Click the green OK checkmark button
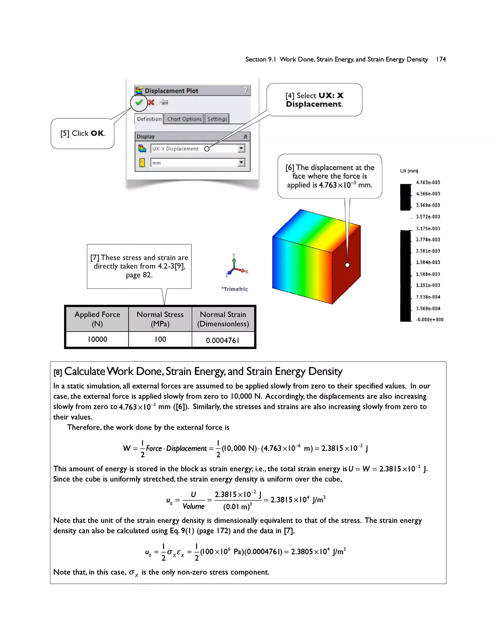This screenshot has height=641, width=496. click(x=139, y=102)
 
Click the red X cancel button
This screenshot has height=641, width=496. click(x=151, y=102)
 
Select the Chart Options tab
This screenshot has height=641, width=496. click(x=184, y=119)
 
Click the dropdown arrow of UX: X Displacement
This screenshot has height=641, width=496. click(x=241, y=148)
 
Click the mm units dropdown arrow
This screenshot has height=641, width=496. click(x=241, y=162)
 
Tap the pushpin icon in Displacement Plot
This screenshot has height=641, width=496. click(x=164, y=102)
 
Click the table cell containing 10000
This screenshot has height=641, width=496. click(x=97, y=339)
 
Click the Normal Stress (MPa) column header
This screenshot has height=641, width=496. click(x=160, y=319)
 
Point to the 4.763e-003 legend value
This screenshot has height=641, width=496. click(x=428, y=183)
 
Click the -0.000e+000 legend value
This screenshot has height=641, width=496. click(x=429, y=320)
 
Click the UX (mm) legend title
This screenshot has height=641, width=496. click(x=409, y=171)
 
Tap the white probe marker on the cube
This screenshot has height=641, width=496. click(x=347, y=265)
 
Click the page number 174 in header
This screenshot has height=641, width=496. click(x=441, y=59)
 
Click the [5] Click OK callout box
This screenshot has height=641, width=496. click(x=83, y=134)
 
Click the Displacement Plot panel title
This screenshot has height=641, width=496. click(x=171, y=91)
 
